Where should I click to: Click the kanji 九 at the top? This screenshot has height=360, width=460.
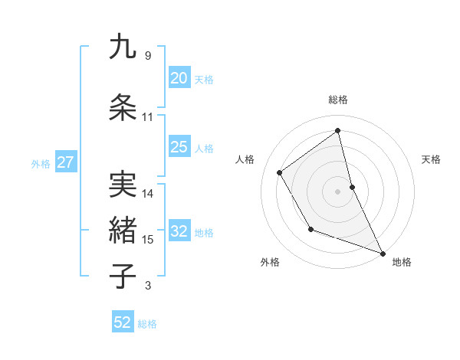click(x=123, y=47)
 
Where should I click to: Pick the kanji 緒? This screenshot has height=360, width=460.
click(x=123, y=230)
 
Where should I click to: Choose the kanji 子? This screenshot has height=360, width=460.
click(x=123, y=276)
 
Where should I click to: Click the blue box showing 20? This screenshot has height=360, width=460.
click(x=179, y=78)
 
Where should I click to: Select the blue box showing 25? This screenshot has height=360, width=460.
click(x=179, y=148)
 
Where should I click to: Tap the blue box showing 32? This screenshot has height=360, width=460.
click(x=179, y=232)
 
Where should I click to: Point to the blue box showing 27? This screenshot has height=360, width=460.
click(x=65, y=162)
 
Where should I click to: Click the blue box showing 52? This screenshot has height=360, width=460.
click(x=122, y=322)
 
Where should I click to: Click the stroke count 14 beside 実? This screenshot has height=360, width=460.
click(x=148, y=194)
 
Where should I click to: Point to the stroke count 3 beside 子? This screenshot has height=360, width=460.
click(x=147, y=286)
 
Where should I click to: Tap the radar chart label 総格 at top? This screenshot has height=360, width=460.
click(x=338, y=100)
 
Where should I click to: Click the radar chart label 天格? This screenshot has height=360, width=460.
click(x=431, y=159)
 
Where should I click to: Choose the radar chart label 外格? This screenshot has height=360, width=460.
click(x=270, y=262)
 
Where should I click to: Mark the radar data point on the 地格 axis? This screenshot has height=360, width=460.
click(x=384, y=253)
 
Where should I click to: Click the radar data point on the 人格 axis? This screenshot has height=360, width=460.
click(x=280, y=172)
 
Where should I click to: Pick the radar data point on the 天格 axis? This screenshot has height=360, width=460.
click(x=352, y=187)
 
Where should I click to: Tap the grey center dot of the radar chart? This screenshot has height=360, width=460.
click(x=338, y=191)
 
